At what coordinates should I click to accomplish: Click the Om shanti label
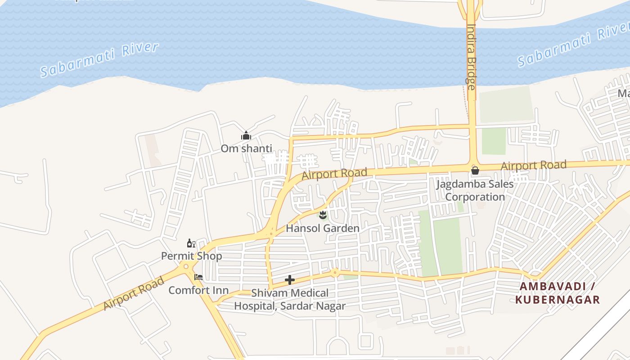(246, 148)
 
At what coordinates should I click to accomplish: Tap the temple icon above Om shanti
(246, 135)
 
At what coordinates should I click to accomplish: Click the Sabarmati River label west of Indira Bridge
(99, 59)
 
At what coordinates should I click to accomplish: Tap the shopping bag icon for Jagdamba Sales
(475, 171)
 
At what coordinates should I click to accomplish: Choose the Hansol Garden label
(323, 228)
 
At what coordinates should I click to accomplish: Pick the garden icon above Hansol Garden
(322, 215)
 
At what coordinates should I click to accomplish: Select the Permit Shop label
(192, 256)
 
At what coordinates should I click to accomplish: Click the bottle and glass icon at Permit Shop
(191, 243)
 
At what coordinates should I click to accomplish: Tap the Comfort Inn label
(198, 290)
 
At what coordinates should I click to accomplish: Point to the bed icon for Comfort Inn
(198, 277)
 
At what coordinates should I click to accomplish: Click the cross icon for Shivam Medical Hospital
(290, 280)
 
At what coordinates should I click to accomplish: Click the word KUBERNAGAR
(558, 300)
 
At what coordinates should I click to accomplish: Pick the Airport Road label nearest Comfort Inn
(134, 294)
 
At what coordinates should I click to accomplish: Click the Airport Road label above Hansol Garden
(334, 174)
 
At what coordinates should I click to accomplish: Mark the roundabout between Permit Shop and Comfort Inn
(186, 267)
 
